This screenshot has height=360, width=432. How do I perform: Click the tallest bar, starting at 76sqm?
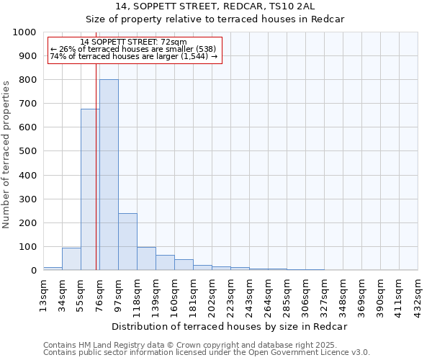109,175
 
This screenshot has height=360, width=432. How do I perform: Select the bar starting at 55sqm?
90,190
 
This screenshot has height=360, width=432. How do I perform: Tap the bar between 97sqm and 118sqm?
127,242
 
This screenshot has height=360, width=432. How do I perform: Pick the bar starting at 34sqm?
71,259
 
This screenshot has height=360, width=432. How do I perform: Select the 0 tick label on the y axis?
33,271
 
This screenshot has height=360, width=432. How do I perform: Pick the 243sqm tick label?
249,294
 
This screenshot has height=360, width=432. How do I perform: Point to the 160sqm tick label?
174,294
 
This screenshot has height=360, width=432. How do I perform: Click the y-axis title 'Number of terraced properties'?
6,154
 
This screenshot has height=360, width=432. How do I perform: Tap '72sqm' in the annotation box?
174,42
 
